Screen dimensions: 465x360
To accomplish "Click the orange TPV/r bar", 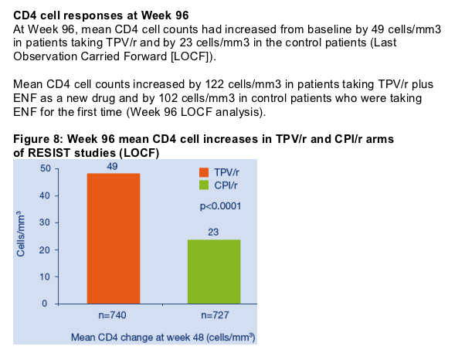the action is (114, 239).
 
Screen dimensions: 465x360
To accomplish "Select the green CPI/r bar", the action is (214, 272).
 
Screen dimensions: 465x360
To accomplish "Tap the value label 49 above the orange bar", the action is (112, 166).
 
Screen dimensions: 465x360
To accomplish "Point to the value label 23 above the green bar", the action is (213, 232).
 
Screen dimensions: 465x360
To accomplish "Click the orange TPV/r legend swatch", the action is (204, 172).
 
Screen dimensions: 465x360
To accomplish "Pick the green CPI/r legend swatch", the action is (204, 185).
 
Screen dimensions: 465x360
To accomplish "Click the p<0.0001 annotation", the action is (220, 205).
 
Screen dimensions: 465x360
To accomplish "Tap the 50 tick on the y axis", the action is (46, 168).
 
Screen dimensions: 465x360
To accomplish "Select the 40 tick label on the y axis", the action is (46, 195).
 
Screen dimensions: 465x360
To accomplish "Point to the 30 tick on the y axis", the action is (46, 222).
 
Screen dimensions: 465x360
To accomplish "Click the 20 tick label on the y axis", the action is (46, 250).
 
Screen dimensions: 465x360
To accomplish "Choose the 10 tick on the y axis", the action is (46, 277).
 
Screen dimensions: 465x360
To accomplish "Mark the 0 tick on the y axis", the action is (45, 304).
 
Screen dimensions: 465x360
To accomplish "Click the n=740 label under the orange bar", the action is (113, 315).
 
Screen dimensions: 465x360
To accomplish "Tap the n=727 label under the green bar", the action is (215, 315).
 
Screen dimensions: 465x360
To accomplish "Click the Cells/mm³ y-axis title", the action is (21, 233).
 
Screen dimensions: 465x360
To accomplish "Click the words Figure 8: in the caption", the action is (39, 139).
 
